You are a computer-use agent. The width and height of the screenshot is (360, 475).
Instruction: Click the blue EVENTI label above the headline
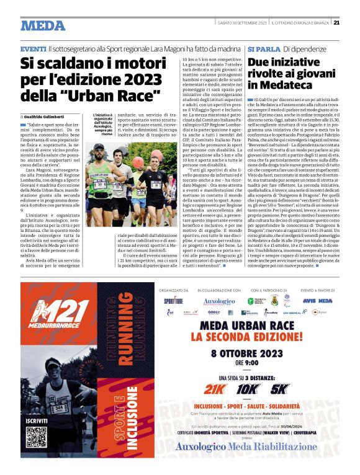point(33,48)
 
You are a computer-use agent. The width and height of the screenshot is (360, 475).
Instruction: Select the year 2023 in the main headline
point(147,79)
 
